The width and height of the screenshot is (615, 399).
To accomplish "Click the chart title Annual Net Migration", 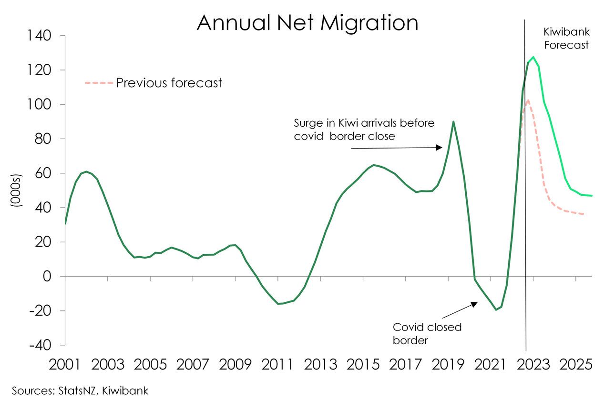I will point(307,22).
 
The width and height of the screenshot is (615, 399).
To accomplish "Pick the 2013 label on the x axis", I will point(320,366).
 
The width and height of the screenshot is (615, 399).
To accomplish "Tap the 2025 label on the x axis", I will point(575,366).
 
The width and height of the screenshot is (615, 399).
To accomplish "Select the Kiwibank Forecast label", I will point(566,39).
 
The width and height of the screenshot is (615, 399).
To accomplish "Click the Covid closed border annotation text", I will point(427,334).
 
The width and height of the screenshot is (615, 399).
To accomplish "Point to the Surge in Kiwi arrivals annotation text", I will point(364,130).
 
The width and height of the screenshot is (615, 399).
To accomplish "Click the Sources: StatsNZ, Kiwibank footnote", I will point(80,390).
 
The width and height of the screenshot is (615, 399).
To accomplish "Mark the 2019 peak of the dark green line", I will point(453,121).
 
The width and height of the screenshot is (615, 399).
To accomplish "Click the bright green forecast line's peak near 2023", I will point(533,57).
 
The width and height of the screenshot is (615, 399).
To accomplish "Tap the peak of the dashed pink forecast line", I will point(528,100).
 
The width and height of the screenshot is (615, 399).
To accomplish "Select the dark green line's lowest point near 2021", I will point(496,309).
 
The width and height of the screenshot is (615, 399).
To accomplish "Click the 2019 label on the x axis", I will point(448,366).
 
